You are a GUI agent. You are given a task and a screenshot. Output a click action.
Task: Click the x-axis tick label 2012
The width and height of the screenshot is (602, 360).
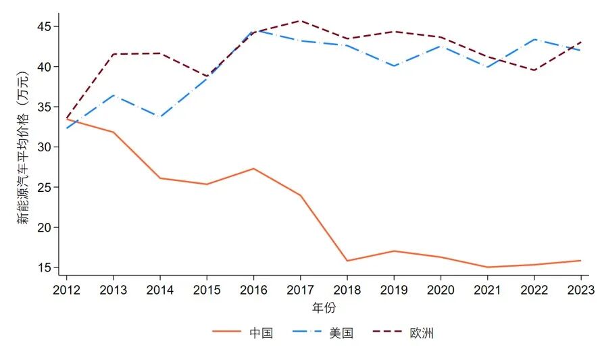click(x=66, y=290)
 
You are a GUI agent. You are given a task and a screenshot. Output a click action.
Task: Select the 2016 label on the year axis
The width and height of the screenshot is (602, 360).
click(x=253, y=290)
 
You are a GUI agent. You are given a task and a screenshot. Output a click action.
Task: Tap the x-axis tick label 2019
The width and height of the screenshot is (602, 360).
click(x=394, y=290)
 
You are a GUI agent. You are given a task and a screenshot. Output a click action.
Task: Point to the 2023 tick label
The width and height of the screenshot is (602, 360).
click(x=580, y=290)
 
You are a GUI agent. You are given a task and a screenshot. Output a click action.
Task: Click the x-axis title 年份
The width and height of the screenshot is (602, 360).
click(x=323, y=308)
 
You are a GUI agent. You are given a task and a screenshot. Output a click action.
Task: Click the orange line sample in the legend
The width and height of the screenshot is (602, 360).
click(x=226, y=332)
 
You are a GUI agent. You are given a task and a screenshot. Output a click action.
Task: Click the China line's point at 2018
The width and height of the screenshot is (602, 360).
click(x=347, y=261)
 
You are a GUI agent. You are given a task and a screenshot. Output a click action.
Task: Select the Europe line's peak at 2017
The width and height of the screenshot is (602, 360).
click(x=300, y=21)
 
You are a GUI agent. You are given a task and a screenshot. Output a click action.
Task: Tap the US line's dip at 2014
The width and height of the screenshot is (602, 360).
click(x=160, y=117)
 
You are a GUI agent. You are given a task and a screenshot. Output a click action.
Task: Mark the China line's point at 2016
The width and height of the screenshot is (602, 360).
click(x=253, y=169)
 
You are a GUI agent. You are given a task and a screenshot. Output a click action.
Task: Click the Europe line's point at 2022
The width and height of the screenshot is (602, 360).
click(x=534, y=70)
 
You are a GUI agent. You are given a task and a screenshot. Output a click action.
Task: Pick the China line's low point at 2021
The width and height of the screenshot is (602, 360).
click(x=487, y=267)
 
